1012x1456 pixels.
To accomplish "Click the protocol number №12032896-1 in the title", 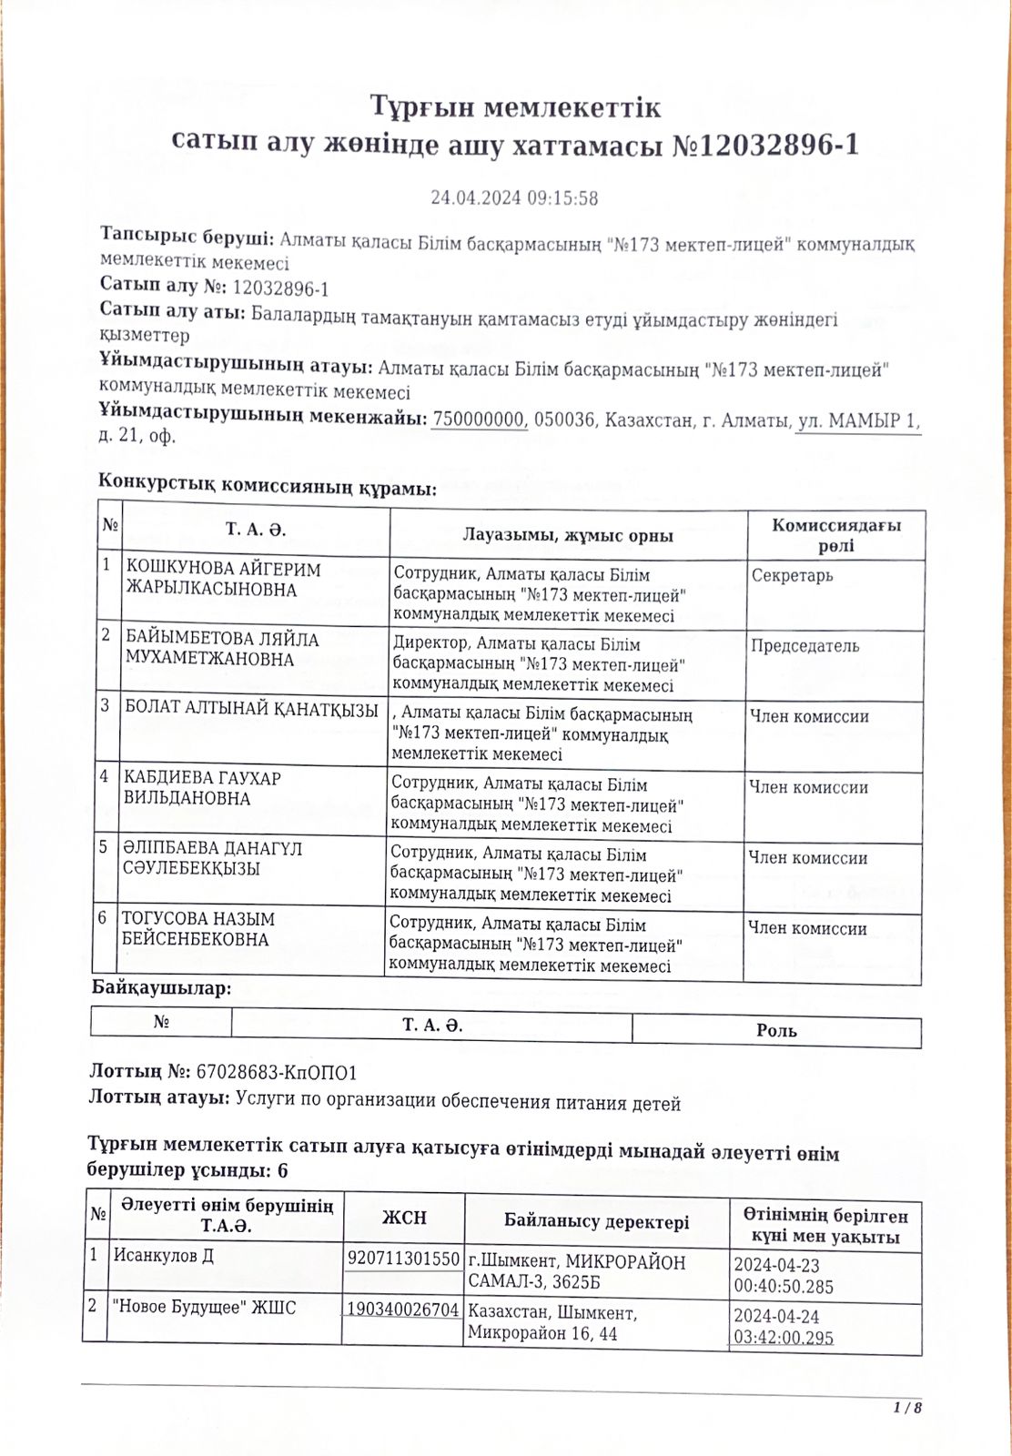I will point(764,146).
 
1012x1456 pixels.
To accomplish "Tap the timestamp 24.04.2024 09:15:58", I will point(514,197).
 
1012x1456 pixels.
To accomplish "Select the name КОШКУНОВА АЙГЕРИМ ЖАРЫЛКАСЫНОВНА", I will point(224,580).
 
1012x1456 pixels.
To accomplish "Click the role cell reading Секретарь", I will point(793,576).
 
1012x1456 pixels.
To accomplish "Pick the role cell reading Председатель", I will point(805,646).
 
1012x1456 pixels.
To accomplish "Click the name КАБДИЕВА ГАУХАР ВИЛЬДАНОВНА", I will point(203,788).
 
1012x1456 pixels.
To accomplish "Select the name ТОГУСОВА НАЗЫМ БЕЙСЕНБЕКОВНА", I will point(199,929).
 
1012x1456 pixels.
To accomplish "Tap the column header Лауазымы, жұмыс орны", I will point(568,535).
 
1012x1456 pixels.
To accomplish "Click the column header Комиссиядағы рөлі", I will point(835,535).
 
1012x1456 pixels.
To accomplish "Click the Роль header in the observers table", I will point(776,1030).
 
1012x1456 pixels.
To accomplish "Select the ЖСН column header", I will point(404,1218).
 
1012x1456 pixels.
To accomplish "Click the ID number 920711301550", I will point(404,1259).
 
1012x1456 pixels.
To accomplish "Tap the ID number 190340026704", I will point(404,1310).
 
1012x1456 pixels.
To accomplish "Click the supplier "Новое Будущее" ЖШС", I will point(204,1308).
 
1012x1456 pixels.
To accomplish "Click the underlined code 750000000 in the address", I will point(480,420).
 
